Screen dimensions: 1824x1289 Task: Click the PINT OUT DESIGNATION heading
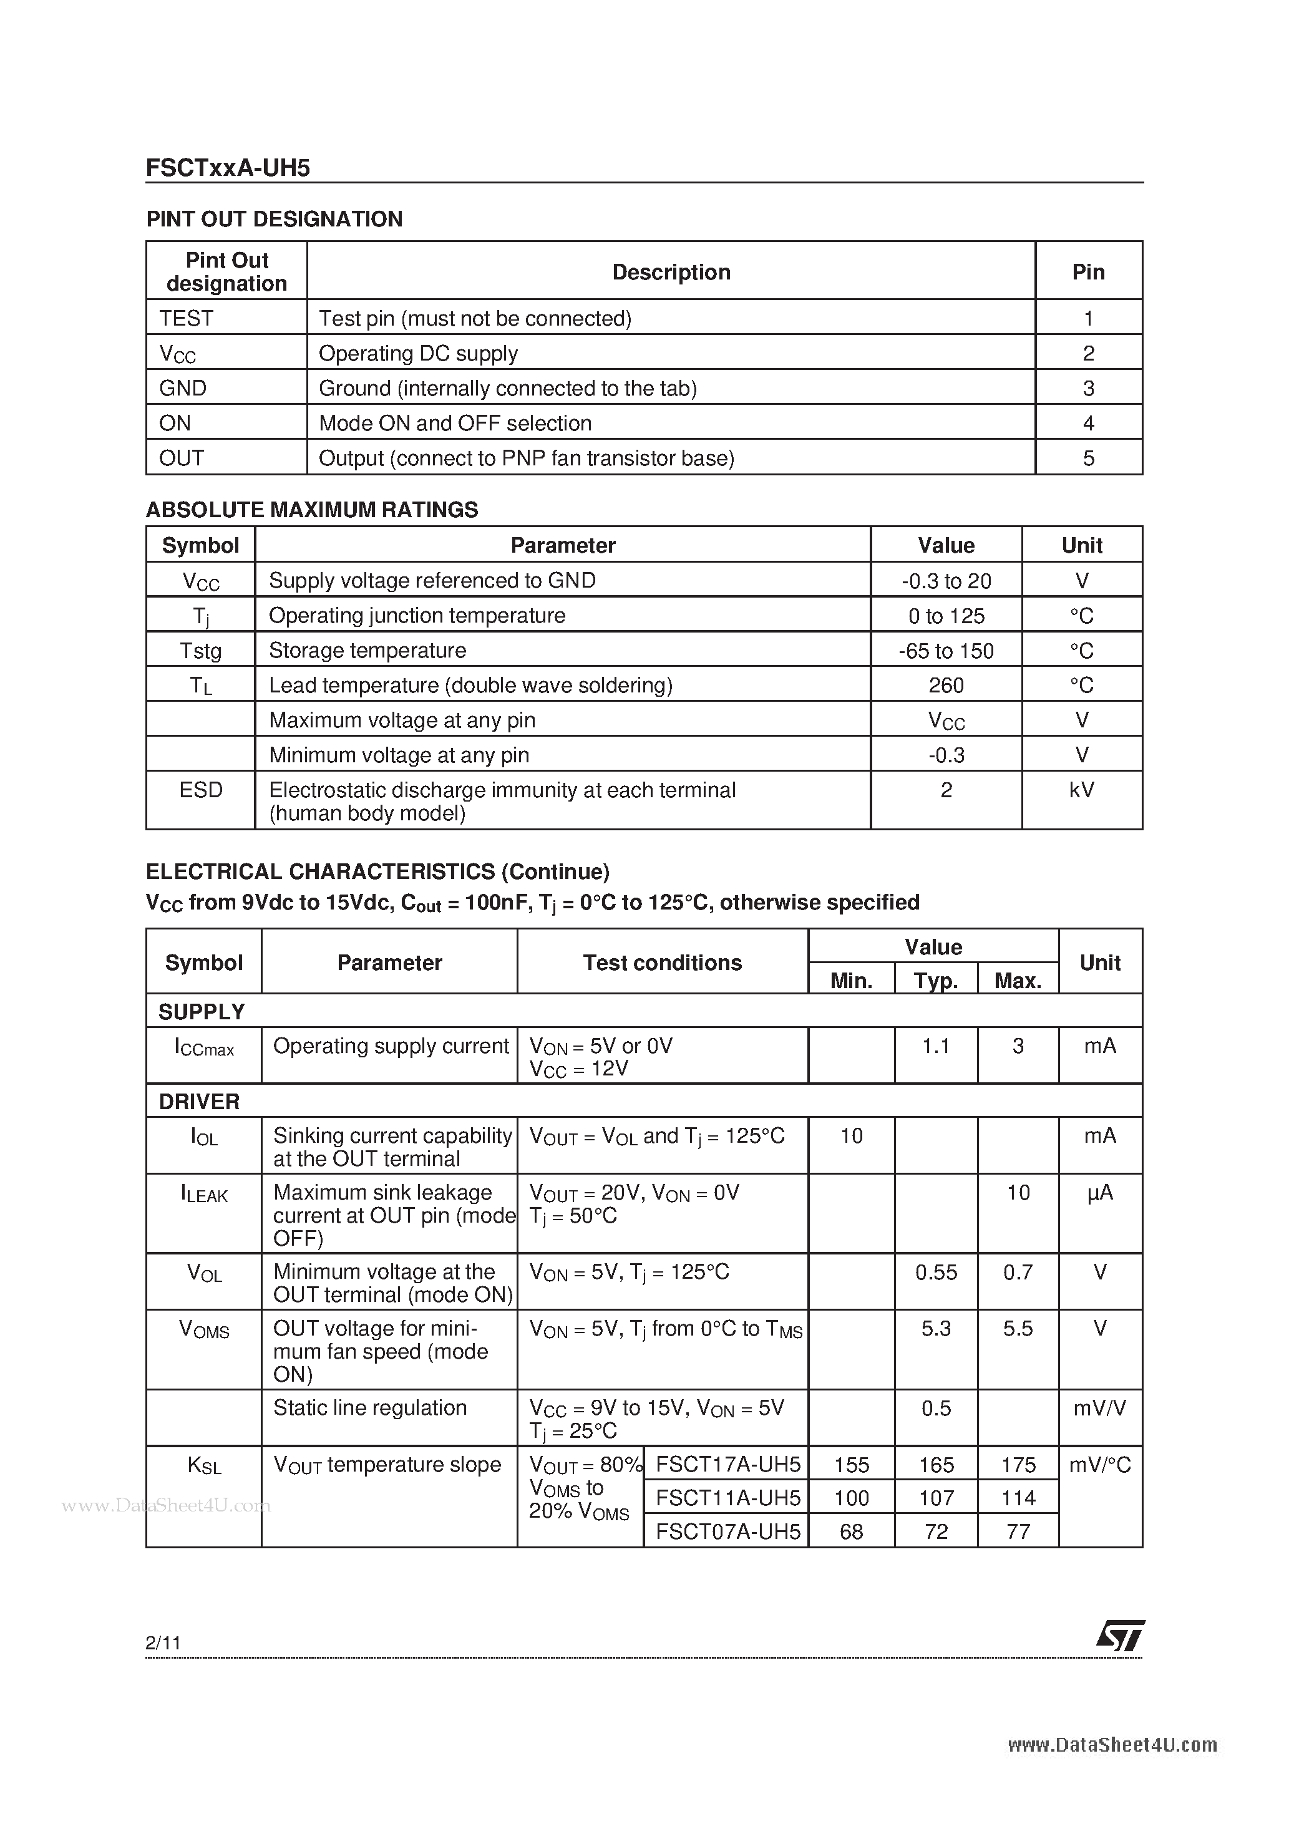[x=274, y=219]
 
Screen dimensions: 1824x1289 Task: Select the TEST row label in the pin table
[x=186, y=319]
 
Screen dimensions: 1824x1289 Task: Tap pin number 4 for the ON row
[x=1088, y=424]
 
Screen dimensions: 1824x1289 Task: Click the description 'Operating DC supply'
[x=418, y=354]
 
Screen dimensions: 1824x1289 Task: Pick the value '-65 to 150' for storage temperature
[x=946, y=651]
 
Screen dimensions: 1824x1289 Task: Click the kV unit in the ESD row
[x=1082, y=790]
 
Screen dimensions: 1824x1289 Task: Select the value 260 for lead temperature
[x=946, y=685]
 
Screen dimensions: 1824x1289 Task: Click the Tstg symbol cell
[x=200, y=651]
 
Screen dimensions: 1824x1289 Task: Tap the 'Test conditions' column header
[x=662, y=963]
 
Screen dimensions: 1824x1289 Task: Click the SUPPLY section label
[x=201, y=1012]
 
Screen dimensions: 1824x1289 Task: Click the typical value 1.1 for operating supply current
[x=935, y=1046]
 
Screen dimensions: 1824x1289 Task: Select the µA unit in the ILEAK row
[x=1100, y=1193]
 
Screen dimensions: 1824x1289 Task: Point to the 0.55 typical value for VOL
[x=936, y=1273]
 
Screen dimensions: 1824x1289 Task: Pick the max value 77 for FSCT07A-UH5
[x=1018, y=1531]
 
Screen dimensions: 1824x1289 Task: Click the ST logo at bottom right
[x=1121, y=1636]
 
